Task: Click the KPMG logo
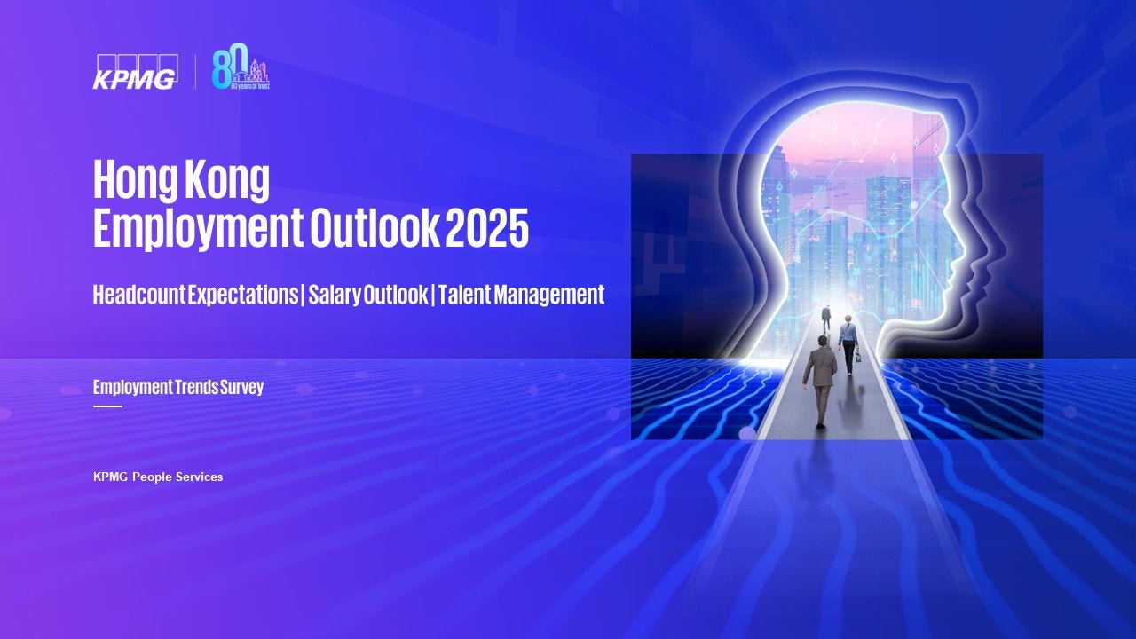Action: tap(135, 72)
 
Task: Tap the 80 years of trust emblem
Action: tap(241, 67)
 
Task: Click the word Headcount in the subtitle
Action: tap(139, 295)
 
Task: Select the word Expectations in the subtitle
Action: tap(243, 296)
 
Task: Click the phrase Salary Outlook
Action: tap(368, 296)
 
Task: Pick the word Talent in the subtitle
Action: tap(465, 295)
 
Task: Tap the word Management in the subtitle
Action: tap(549, 296)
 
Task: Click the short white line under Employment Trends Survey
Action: tap(107, 406)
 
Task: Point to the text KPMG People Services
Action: tap(158, 477)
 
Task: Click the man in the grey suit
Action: tap(819, 382)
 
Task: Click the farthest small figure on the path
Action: tap(826, 318)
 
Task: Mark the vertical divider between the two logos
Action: tap(196, 73)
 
